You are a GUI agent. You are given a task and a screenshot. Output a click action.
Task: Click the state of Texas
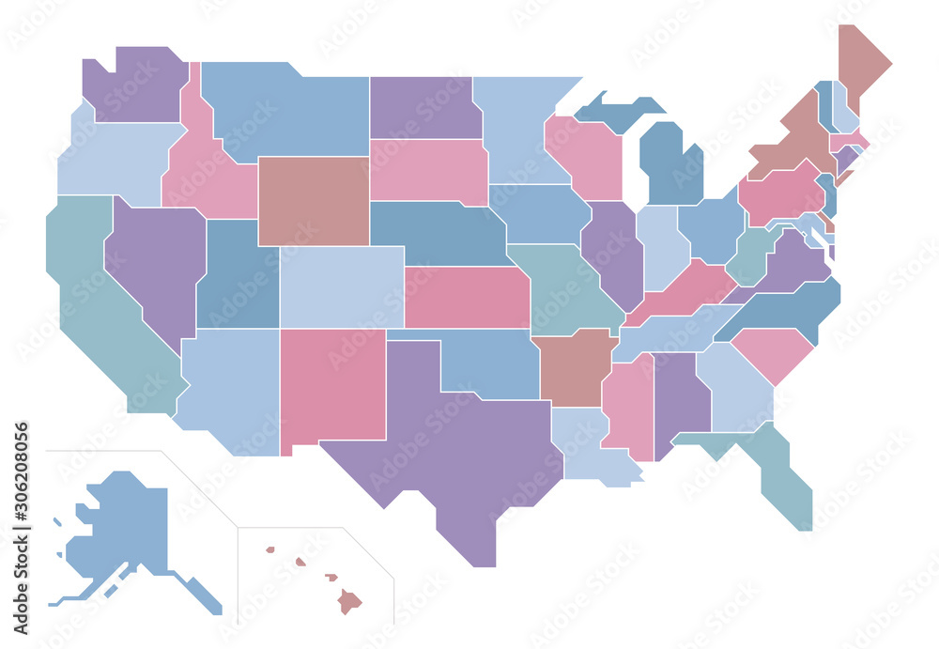(x=451, y=441)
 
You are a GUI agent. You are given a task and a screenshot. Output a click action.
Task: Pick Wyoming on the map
(x=313, y=200)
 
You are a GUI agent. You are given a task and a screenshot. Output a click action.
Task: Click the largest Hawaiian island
(x=350, y=600)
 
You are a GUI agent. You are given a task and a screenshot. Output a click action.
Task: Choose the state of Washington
(x=136, y=85)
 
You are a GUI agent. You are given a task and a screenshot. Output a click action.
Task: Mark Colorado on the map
(x=341, y=286)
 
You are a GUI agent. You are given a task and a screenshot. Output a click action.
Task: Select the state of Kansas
(x=467, y=297)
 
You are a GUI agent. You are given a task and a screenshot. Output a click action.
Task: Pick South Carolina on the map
(x=773, y=352)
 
